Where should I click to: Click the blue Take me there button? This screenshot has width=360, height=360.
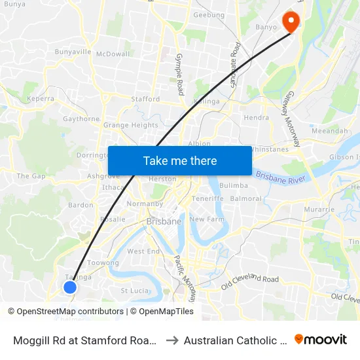179,161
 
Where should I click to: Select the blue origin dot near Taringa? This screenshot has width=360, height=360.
70,287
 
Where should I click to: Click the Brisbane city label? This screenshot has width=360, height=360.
164,221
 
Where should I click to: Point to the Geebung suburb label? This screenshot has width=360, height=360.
209,15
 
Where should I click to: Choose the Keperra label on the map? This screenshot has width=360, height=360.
40,99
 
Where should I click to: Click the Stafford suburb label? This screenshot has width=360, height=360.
145,99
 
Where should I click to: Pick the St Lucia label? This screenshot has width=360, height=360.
135,290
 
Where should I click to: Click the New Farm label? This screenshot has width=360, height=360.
207,219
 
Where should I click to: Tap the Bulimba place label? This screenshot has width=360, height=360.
234,186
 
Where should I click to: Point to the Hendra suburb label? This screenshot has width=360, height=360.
256,118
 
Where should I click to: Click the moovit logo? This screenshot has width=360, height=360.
321,339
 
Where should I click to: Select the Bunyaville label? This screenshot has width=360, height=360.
73,52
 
